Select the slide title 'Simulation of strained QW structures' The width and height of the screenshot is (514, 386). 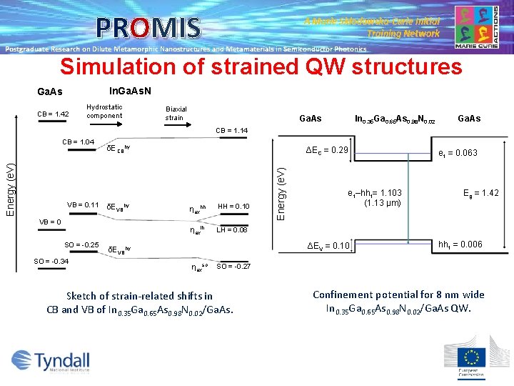[261, 67]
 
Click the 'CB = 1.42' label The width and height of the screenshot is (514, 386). [53, 114]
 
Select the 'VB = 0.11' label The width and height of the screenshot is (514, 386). [84, 205]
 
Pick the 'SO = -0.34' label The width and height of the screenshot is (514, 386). [52, 261]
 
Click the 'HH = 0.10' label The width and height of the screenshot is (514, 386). [233, 207]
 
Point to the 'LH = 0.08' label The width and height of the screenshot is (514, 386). [233, 230]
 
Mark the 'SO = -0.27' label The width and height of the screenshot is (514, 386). [233, 266]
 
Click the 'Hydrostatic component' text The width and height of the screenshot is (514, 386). [104, 112]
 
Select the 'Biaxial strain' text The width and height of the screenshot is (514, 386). [175, 113]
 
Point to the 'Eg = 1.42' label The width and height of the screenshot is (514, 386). [480, 193]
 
